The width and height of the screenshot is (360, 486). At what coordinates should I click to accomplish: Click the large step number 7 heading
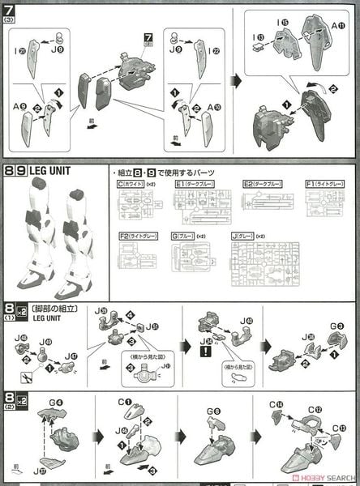10,11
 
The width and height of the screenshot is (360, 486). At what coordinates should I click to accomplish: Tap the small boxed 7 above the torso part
148,38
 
